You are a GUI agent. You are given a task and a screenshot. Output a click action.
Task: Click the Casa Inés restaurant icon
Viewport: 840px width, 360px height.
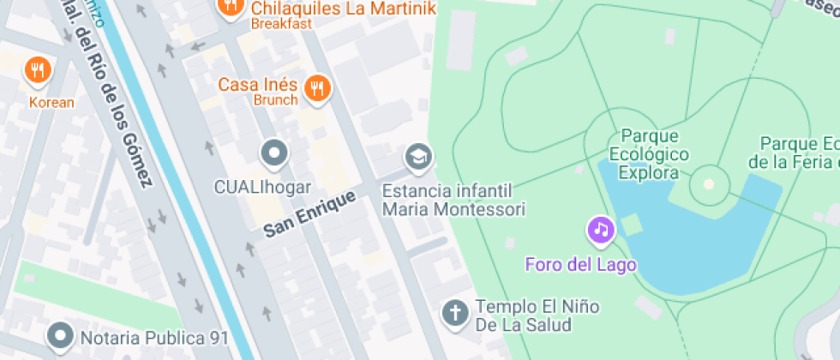click(317, 87)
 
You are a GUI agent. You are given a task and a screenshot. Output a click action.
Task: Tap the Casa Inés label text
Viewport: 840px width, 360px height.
click(257, 85)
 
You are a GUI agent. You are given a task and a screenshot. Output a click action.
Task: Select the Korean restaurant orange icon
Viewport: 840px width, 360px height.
click(37, 70)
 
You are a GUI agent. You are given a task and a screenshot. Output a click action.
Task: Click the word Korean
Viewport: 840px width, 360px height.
click(51, 103)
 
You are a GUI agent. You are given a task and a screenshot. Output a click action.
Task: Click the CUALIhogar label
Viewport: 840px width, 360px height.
click(263, 186)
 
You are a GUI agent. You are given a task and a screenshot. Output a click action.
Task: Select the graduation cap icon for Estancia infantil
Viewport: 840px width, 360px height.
click(418, 157)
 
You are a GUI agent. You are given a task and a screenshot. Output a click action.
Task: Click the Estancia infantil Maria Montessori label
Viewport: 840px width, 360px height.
click(453, 199)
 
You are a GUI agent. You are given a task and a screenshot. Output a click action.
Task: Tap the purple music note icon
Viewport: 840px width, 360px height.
click(602, 230)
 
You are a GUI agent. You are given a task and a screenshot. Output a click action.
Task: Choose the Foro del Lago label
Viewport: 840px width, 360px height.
click(581, 264)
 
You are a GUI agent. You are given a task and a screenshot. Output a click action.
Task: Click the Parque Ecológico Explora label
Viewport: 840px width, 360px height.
click(650, 154)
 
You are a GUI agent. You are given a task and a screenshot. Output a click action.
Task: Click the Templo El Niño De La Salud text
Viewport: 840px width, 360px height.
click(537, 315)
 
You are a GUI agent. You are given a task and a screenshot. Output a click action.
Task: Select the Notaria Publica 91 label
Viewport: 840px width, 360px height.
click(154, 338)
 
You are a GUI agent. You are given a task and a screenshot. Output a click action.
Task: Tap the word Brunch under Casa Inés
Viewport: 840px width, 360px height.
click(275, 100)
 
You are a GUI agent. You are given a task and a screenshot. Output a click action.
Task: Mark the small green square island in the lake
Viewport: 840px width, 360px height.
click(632, 225)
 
